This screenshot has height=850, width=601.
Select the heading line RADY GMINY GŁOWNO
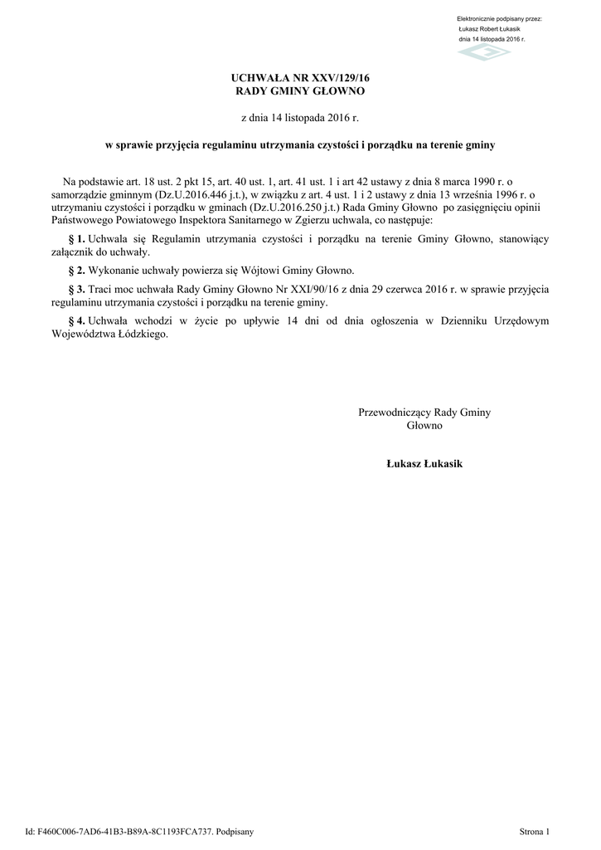click(x=300, y=90)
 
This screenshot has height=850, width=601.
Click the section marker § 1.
click(x=76, y=239)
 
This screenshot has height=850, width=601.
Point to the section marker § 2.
click(x=76, y=271)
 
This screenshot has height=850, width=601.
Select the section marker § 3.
click(x=76, y=290)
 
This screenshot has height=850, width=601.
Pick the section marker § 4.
click(x=76, y=321)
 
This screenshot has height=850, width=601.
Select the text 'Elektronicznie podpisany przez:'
click(x=499, y=18)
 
